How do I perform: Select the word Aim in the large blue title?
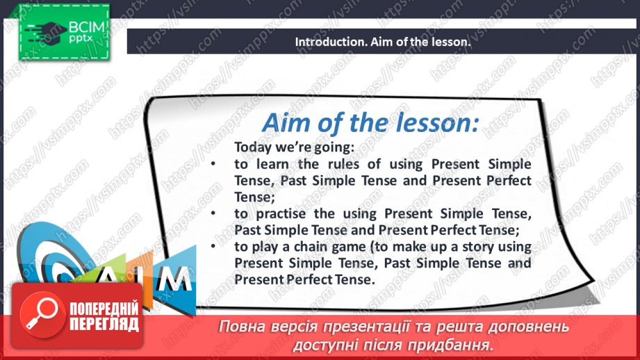tap(285, 124)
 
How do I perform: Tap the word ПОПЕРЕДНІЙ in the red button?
tap(104, 308)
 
